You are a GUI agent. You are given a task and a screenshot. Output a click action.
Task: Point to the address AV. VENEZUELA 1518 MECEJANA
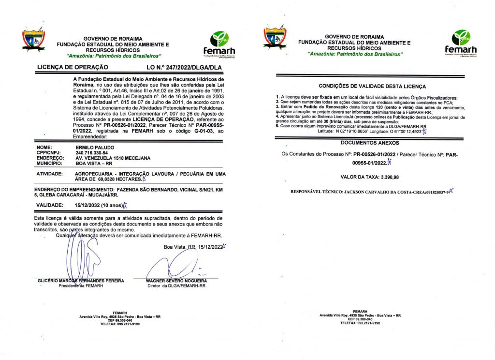pyautogui.click(x=113, y=158)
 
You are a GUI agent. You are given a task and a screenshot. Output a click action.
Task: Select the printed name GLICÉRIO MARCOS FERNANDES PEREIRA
pyautogui.click(x=81, y=281)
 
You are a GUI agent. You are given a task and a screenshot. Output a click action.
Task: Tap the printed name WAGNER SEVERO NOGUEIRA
pyautogui.click(x=177, y=281)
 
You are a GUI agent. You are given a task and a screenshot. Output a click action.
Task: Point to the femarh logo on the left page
pyautogui.click(x=220, y=44)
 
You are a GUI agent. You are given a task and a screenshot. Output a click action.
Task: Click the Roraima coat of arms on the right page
pyautogui.click(x=275, y=39)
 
